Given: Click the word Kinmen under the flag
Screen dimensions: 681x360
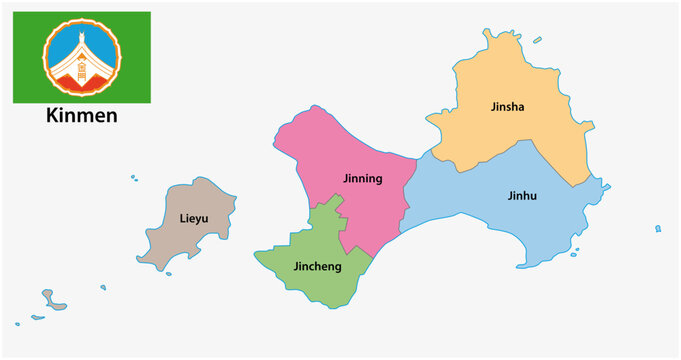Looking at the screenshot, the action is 81,116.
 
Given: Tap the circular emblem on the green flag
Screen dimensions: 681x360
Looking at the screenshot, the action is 81,57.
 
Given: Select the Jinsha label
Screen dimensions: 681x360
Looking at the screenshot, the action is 508,105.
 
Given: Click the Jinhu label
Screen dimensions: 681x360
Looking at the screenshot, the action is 522,196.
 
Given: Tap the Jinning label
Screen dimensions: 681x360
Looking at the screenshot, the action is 362,179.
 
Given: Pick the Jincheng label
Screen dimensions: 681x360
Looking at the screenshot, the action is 317,267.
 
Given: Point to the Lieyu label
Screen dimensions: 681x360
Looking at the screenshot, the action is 194,218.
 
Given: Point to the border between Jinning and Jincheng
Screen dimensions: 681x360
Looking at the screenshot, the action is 341,226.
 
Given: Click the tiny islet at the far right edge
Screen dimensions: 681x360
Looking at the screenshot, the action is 658,229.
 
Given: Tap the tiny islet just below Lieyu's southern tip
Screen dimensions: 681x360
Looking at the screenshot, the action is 169,274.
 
